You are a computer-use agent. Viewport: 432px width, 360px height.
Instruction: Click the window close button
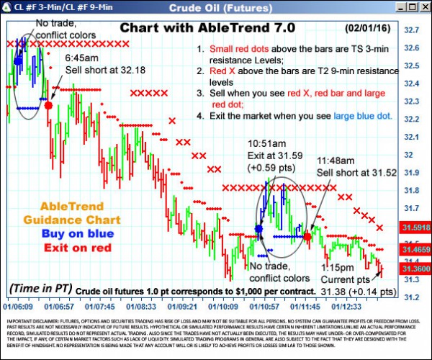(x=423, y=7)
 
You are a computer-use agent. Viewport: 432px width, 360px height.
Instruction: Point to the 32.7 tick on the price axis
(x=412, y=30)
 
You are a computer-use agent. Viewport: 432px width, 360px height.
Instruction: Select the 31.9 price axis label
(x=412, y=173)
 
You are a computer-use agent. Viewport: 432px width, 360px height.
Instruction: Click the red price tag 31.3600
(x=415, y=268)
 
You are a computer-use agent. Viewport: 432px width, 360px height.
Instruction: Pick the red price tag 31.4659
(x=415, y=249)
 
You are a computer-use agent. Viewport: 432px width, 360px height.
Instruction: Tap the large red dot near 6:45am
(x=48, y=105)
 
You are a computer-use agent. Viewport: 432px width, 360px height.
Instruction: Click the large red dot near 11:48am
(x=307, y=235)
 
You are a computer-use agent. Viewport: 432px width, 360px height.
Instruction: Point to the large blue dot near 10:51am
(x=259, y=229)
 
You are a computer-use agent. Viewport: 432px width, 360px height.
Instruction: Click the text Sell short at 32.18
(x=96, y=70)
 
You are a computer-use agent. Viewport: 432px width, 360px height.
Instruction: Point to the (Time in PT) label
(x=40, y=288)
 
